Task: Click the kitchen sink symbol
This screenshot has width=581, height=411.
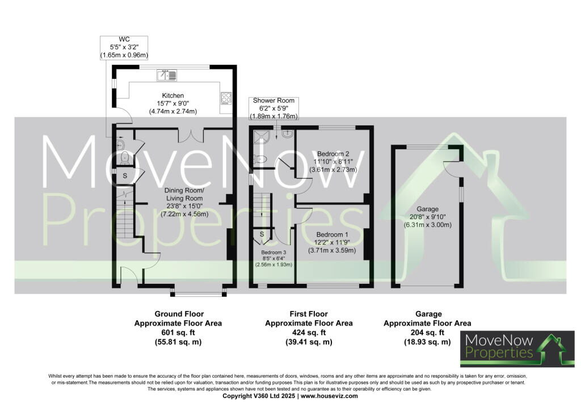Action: click(167, 76)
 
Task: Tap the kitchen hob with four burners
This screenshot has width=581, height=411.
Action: click(226, 98)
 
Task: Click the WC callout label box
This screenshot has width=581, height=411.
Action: click(124, 48)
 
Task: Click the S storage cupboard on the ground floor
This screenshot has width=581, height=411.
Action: click(125, 175)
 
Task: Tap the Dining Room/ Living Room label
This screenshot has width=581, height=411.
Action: click(184, 202)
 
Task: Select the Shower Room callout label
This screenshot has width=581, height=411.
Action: click(273, 108)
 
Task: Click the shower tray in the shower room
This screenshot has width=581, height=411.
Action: click(262, 137)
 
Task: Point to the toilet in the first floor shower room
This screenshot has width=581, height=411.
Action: click(260, 160)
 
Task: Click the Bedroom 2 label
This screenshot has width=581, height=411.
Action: click(333, 162)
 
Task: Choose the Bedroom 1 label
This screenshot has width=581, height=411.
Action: click(332, 242)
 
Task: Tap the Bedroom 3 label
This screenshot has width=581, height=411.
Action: click(273, 258)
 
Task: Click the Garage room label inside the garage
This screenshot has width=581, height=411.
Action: click(428, 217)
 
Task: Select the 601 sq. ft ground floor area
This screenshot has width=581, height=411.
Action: click(178, 333)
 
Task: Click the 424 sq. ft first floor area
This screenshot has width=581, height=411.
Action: click(309, 333)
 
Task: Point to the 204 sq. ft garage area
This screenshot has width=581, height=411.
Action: click(427, 333)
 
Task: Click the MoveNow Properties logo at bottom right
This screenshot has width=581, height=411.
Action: click(517, 349)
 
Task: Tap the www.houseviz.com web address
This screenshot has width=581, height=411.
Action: click(329, 396)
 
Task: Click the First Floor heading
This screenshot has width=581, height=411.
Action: click(309, 314)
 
